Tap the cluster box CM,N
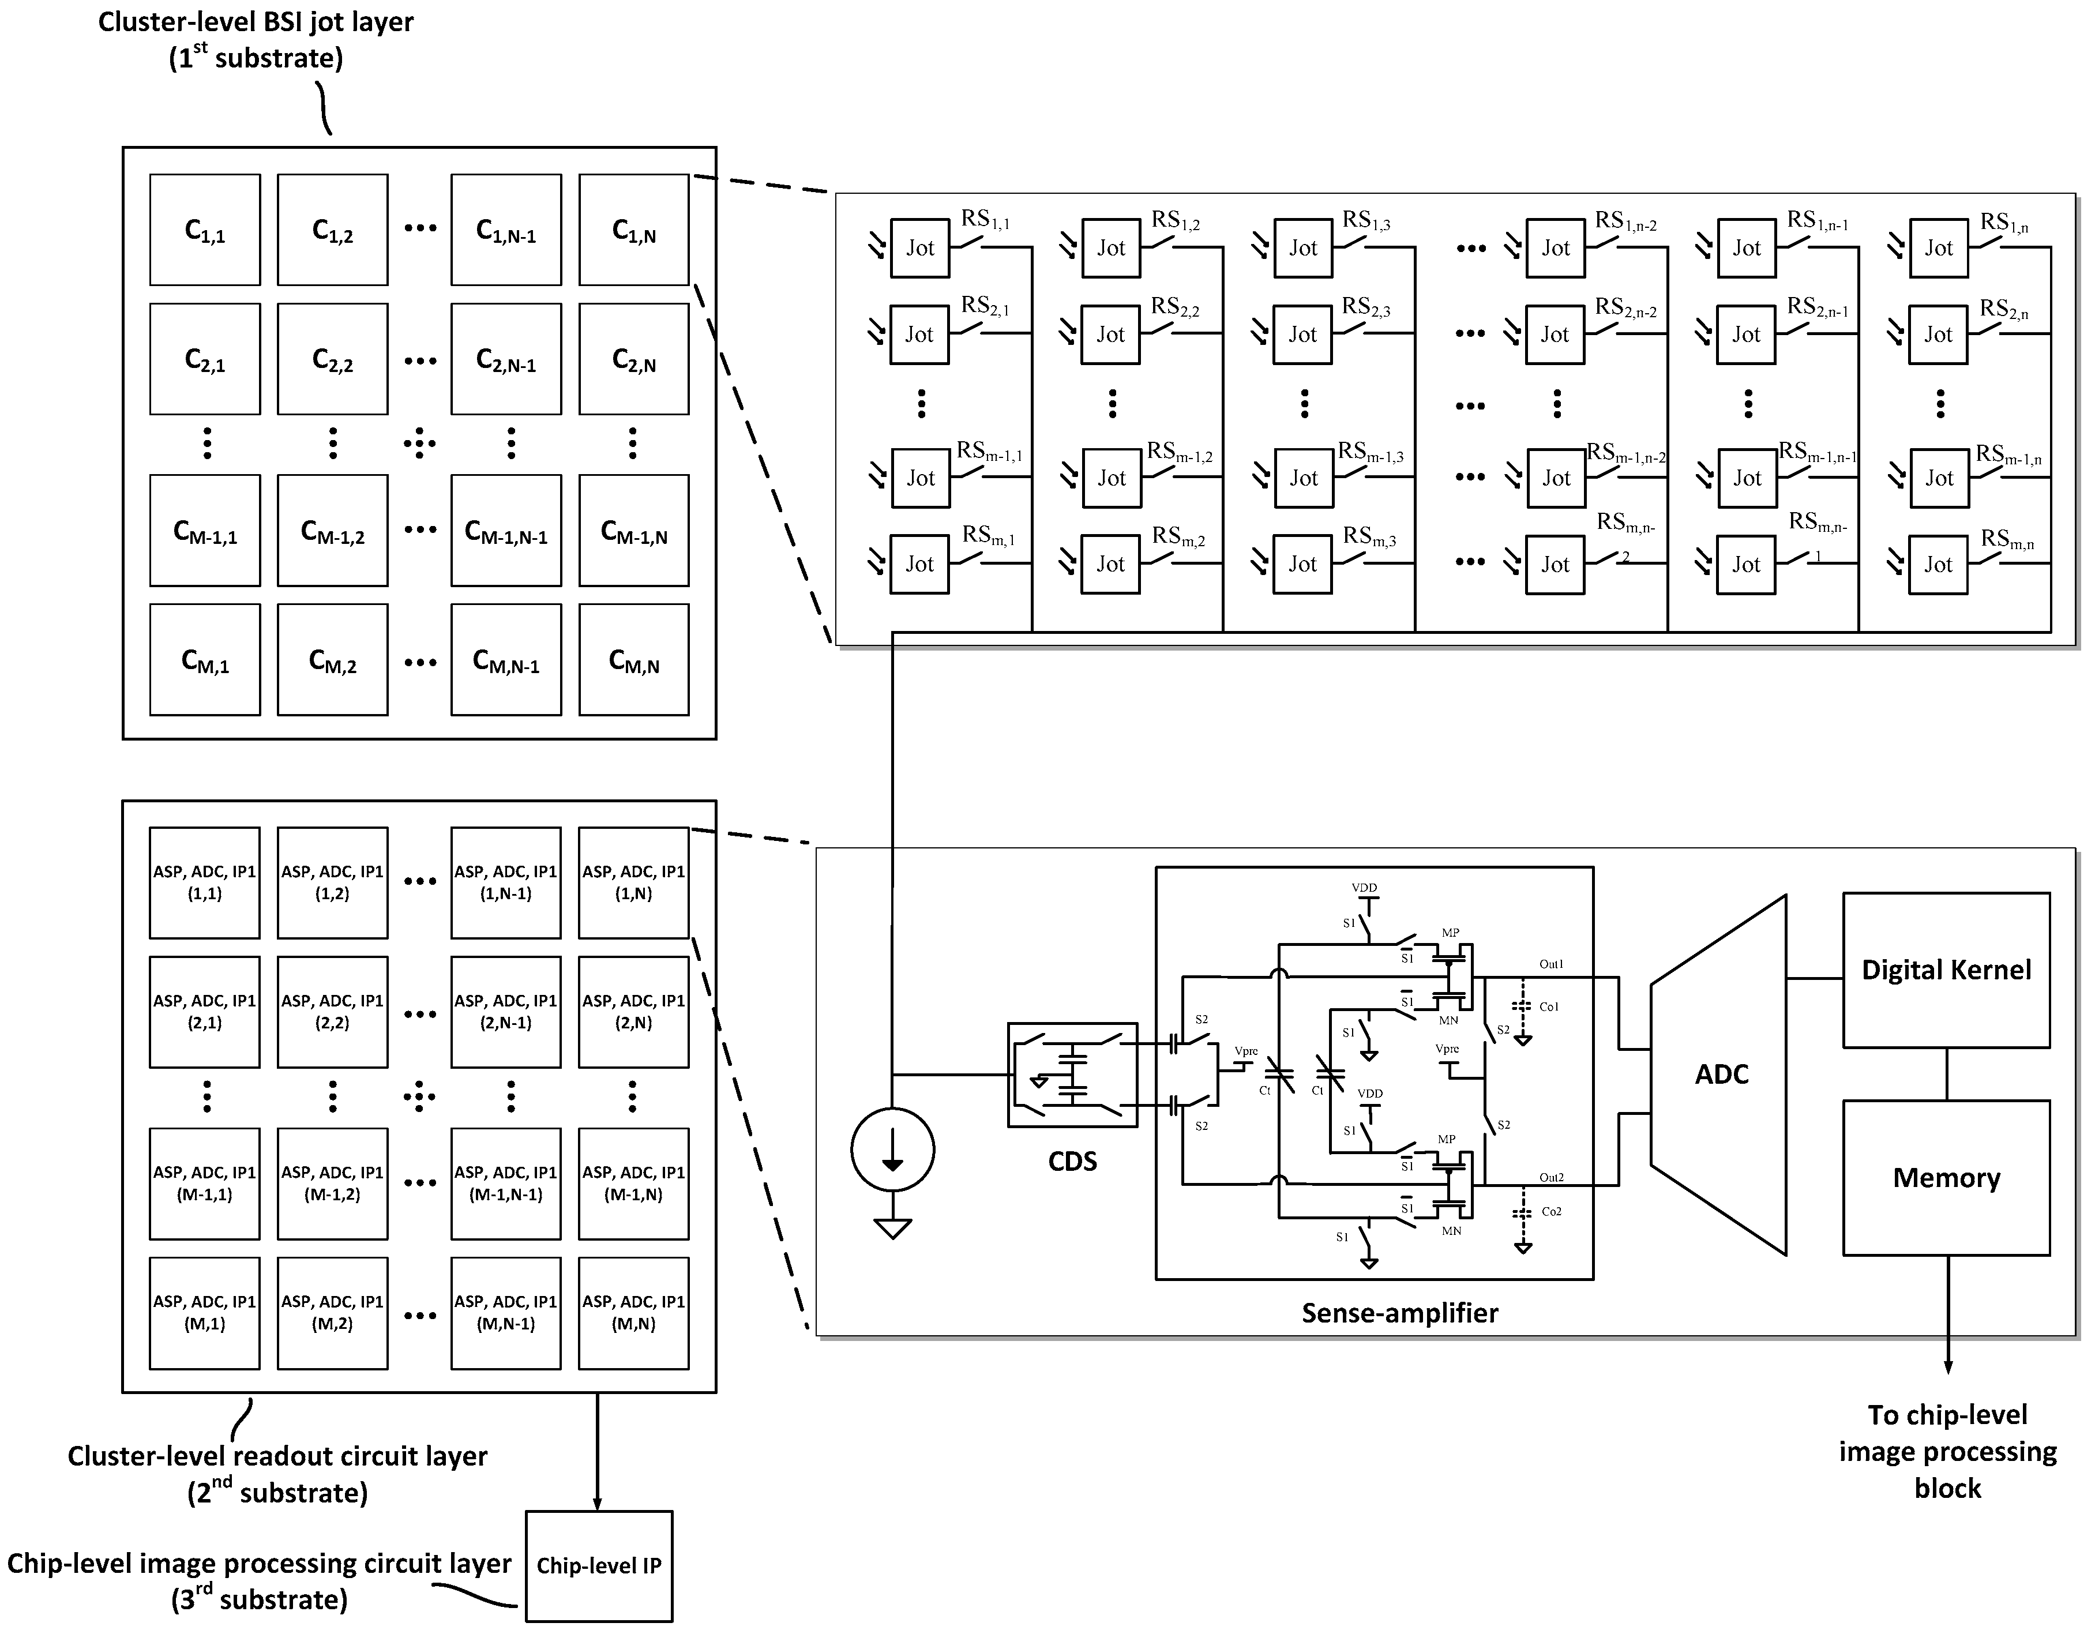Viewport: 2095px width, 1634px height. (x=633, y=660)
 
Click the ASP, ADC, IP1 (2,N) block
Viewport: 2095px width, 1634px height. (x=633, y=1012)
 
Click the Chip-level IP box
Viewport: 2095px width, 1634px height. (x=599, y=1566)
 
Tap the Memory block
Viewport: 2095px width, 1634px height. (x=1946, y=1178)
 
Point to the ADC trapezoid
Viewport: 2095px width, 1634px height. (x=1721, y=1074)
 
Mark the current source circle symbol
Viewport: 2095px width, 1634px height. (x=892, y=1150)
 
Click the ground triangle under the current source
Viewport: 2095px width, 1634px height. (x=892, y=1229)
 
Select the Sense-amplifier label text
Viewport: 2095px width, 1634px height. (x=1399, y=1313)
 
